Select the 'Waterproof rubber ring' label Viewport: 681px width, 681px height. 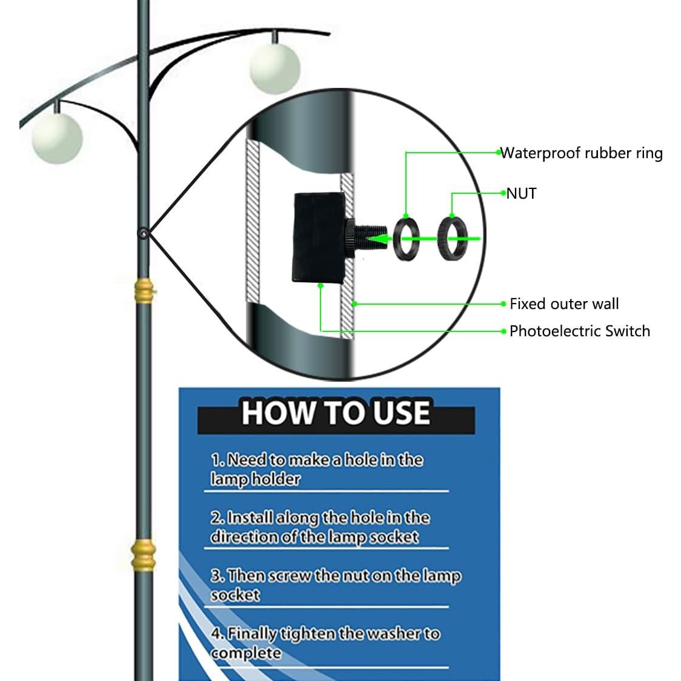(x=582, y=153)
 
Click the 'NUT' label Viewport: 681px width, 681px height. (x=522, y=193)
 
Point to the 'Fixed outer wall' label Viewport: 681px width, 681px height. (x=563, y=304)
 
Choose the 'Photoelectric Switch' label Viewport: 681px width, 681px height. (x=579, y=331)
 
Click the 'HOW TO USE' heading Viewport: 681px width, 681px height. (x=336, y=413)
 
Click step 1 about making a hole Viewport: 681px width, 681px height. (x=316, y=470)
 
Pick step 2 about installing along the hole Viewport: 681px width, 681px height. (x=320, y=527)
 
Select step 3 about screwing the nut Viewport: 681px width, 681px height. (x=335, y=585)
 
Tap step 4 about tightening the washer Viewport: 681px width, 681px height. (x=325, y=643)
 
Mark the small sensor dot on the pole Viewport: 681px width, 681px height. (x=144, y=232)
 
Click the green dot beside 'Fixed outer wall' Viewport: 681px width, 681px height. (x=503, y=304)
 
